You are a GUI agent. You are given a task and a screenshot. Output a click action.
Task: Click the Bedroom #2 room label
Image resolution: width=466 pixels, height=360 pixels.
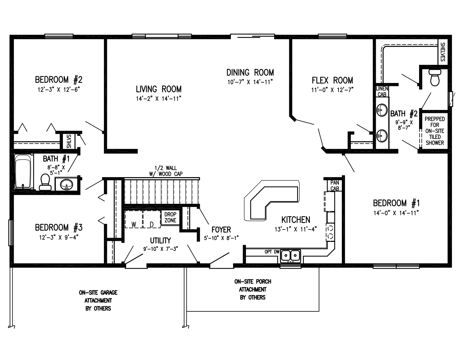click(x=59, y=80)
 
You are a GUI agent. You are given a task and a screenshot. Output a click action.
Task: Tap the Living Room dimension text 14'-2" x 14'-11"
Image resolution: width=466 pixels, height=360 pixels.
click(x=158, y=98)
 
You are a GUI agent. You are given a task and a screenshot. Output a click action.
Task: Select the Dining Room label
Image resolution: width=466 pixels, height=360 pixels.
click(x=250, y=72)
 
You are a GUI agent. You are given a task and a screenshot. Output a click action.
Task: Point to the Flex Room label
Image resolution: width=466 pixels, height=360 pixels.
click(x=332, y=80)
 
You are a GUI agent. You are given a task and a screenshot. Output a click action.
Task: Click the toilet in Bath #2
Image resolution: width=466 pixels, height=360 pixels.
click(x=435, y=78)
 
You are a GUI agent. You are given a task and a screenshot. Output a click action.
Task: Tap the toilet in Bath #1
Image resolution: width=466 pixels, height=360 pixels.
click(x=44, y=182)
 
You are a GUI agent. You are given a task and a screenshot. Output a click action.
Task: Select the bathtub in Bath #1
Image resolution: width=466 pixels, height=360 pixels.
click(x=23, y=172)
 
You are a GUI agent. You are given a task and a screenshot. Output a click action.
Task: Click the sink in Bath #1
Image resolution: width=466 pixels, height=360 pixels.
click(x=67, y=183)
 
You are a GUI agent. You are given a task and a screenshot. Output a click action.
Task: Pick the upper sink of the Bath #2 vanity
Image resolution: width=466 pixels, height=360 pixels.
click(x=382, y=110)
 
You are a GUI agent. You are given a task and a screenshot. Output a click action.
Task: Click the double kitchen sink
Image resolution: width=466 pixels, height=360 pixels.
click(x=291, y=255)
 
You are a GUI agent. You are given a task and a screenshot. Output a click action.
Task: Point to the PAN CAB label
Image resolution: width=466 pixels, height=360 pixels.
click(x=335, y=185)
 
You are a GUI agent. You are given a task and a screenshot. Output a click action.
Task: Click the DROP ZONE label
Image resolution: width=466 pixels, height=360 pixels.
click(x=170, y=217)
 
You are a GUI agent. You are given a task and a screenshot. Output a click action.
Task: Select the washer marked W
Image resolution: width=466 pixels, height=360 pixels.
click(x=133, y=224)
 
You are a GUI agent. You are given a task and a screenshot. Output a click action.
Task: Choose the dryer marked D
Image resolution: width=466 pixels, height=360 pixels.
click(x=151, y=224)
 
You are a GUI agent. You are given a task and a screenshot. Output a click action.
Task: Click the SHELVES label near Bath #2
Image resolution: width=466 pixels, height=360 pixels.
click(x=442, y=52)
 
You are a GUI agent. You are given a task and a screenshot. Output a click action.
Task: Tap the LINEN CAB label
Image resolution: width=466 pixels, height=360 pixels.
click(x=382, y=91)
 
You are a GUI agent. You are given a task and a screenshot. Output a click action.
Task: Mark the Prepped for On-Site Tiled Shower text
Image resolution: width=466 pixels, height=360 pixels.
click(x=434, y=131)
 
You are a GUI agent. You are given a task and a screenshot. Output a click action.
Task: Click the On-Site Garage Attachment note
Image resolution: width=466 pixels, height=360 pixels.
click(x=98, y=300)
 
